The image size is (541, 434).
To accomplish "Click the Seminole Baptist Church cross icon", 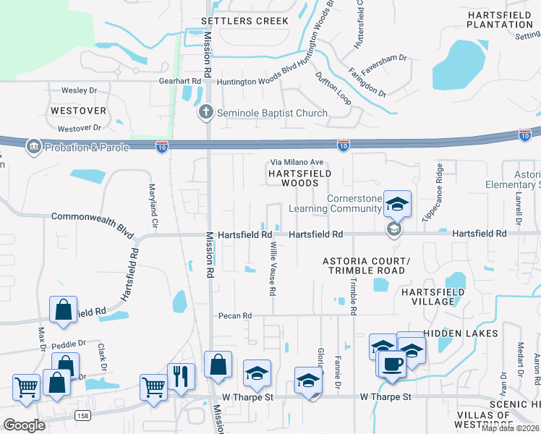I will (205, 113).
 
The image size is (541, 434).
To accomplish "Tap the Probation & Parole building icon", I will (33, 148).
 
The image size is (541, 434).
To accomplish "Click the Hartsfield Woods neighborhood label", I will (300, 179).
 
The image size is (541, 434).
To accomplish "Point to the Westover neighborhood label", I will (79, 111).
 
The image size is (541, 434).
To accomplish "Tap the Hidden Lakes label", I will (461, 333).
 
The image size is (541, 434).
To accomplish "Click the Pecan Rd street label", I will (237, 316).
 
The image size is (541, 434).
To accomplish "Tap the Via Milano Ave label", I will (297, 163).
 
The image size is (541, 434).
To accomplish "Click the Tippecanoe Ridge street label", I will (439, 185).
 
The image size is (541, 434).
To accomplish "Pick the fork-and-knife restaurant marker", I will (181, 377).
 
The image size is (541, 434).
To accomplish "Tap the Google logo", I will (24, 425).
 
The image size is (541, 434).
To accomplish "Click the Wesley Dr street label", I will (79, 91).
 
